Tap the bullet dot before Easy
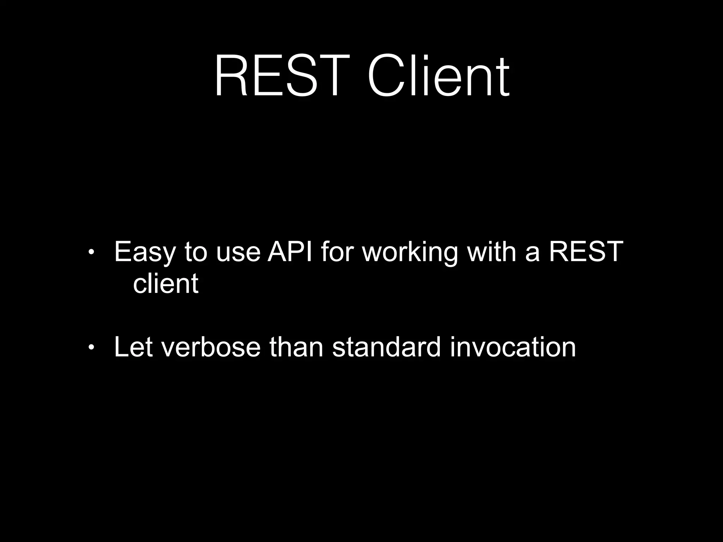point(91,252)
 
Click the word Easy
point(145,252)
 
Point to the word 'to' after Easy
point(196,252)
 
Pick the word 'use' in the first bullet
point(238,252)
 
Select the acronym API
point(290,252)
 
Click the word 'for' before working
point(337,252)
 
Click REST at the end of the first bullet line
point(586,252)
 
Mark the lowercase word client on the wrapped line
point(166,283)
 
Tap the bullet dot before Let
point(91,348)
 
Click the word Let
point(133,347)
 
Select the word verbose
point(211,347)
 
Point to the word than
point(296,347)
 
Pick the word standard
point(387,347)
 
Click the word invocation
point(513,347)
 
